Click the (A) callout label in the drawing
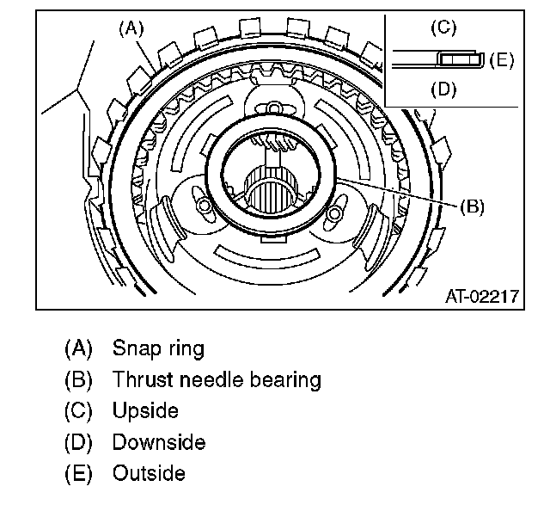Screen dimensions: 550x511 131,28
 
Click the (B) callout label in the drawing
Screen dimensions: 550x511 472,206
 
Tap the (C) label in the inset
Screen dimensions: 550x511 443,28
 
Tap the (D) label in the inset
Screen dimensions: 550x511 443,89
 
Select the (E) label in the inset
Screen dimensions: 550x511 502,59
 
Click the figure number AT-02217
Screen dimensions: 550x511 481,297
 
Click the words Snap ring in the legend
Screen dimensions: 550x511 158,348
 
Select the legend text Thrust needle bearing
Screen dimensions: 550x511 217,379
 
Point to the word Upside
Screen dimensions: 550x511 145,410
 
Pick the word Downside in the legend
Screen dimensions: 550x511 159,442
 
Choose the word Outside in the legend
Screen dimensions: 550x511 149,473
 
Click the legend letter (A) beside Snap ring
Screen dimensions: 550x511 78,348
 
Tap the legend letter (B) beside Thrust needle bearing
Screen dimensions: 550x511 78,379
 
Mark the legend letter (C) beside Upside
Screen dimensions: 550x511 78,410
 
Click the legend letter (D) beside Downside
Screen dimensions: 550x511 78,442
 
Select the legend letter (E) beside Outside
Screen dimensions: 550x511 78,473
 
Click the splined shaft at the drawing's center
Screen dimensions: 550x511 271,190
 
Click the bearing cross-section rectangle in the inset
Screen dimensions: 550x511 461,59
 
